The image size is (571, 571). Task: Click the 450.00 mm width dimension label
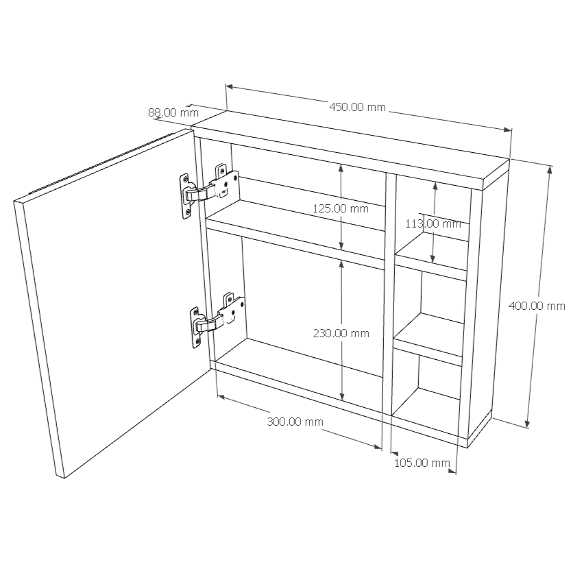coord(357,107)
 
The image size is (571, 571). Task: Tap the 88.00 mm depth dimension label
coord(173,112)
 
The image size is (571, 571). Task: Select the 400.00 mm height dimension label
coord(537,306)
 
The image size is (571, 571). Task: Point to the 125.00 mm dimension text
coord(341,208)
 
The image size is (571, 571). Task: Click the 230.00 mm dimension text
coord(341,333)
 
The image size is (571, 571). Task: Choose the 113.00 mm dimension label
coord(433,223)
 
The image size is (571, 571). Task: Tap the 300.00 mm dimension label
coord(295,422)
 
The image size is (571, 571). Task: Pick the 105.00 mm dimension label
coord(422,463)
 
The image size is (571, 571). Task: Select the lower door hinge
coord(217,319)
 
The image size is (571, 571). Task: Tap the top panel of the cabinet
coord(350,150)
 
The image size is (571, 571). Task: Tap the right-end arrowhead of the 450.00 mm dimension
coord(508,130)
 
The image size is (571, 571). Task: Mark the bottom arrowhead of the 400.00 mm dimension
coord(527,424)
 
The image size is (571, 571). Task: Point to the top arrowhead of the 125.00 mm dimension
coord(341,168)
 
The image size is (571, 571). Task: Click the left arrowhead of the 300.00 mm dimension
coord(221,396)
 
